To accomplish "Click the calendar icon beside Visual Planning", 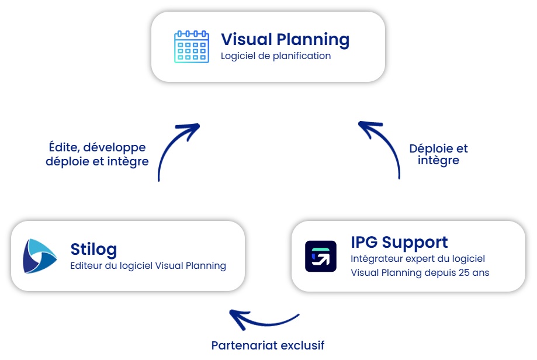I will [192, 47].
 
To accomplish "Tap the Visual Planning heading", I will [285, 39].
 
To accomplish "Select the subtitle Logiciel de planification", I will [276, 56].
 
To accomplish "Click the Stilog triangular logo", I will [39, 256].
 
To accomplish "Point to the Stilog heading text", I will [93, 249].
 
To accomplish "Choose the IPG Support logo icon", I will [321, 256].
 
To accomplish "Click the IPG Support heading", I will [399, 242].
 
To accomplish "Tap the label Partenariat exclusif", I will [268, 345].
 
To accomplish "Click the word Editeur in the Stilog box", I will [86, 265].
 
